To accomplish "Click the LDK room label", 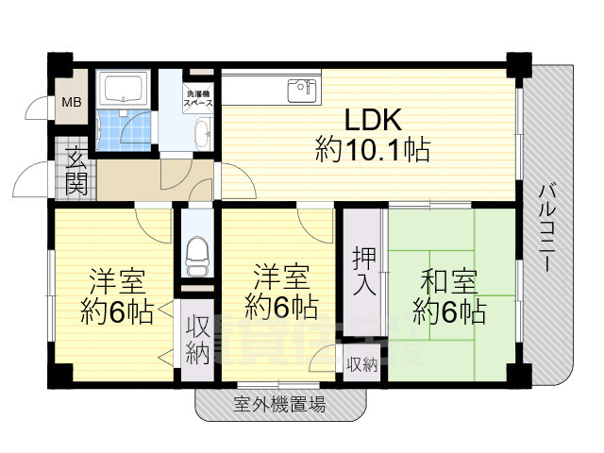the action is coord(373,134).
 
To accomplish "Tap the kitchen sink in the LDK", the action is coord(302,91).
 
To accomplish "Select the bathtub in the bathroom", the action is coord(124,89).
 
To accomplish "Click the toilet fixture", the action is coord(197,257).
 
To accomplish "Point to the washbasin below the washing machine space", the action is coord(203,134).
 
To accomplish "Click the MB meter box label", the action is coord(72,103).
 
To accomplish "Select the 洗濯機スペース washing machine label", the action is coord(198,98).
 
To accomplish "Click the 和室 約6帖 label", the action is coord(449,296).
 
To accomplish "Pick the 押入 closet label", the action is coord(364,272).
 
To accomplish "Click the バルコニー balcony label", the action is coord(547,228).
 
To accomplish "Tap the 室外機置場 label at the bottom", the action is coord(279,405).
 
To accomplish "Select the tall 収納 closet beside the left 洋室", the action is coord(197,340).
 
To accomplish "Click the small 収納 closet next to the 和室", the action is coord(361,363).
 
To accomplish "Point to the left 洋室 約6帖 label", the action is coord(117,296).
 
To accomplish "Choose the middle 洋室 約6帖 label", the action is coord(281,292).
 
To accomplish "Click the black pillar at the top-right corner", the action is coord(519,65).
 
